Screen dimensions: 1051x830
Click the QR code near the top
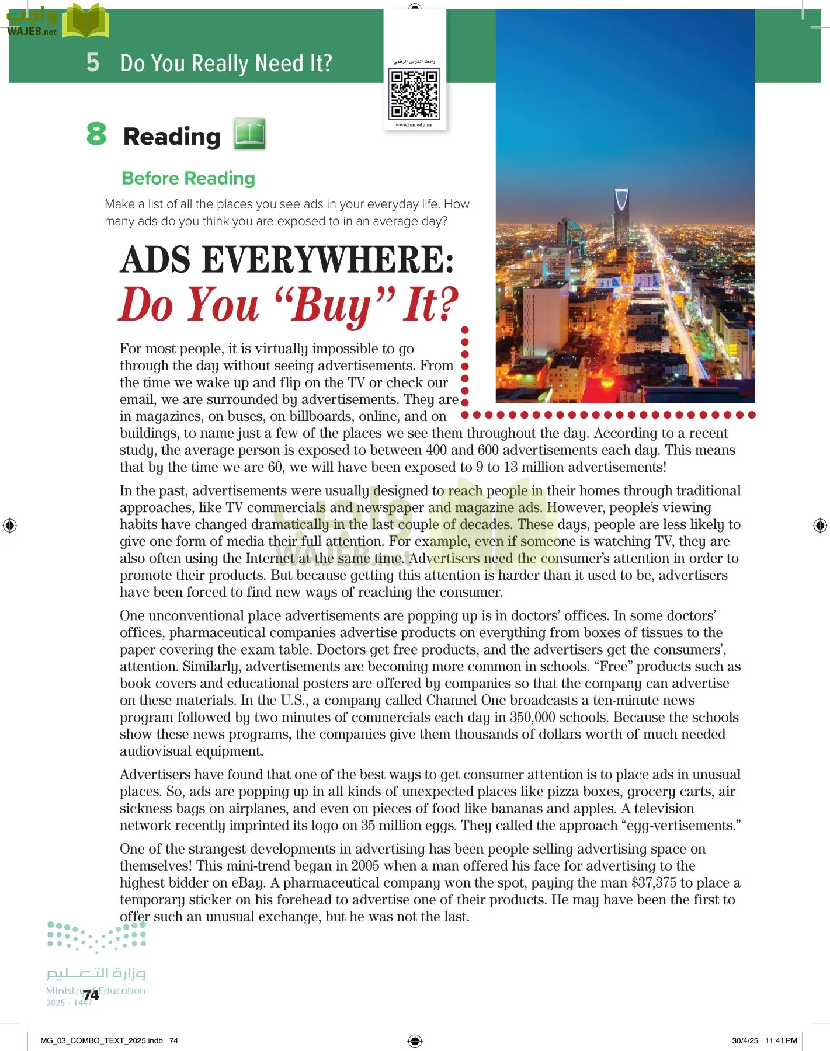tap(414, 93)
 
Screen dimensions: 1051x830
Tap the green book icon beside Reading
tap(250, 134)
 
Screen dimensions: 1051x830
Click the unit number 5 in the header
tap(93, 62)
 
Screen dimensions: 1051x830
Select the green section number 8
tap(96, 134)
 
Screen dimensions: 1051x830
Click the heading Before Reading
tap(188, 178)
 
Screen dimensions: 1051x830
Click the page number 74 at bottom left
tap(91, 995)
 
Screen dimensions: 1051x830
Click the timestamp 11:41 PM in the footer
tap(781, 1040)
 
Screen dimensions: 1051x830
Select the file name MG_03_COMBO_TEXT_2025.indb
tap(102, 1040)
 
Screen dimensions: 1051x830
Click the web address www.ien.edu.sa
tap(414, 125)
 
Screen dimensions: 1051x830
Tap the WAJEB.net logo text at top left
tap(32, 32)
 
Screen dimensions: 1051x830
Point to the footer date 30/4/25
tap(745, 1040)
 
